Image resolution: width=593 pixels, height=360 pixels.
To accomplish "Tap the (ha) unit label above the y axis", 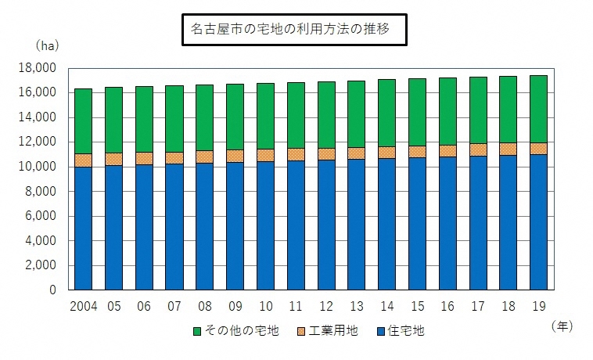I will (x=44, y=46).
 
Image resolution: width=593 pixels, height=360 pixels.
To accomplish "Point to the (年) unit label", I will (x=562, y=325).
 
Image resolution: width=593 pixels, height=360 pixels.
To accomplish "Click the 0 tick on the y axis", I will (x=52, y=290).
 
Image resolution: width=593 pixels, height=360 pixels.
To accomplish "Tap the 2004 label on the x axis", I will (x=83, y=305).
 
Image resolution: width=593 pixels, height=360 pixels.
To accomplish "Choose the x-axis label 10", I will (x=265, y=305).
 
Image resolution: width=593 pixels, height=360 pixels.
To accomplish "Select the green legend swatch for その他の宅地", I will (x=196, y=331).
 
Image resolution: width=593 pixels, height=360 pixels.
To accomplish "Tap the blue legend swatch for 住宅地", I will (x=381, y=331).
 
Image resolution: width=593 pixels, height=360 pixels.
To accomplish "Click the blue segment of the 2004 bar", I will (x=83, y=228).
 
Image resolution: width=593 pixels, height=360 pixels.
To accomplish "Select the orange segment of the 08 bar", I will (x=204, y=157).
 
